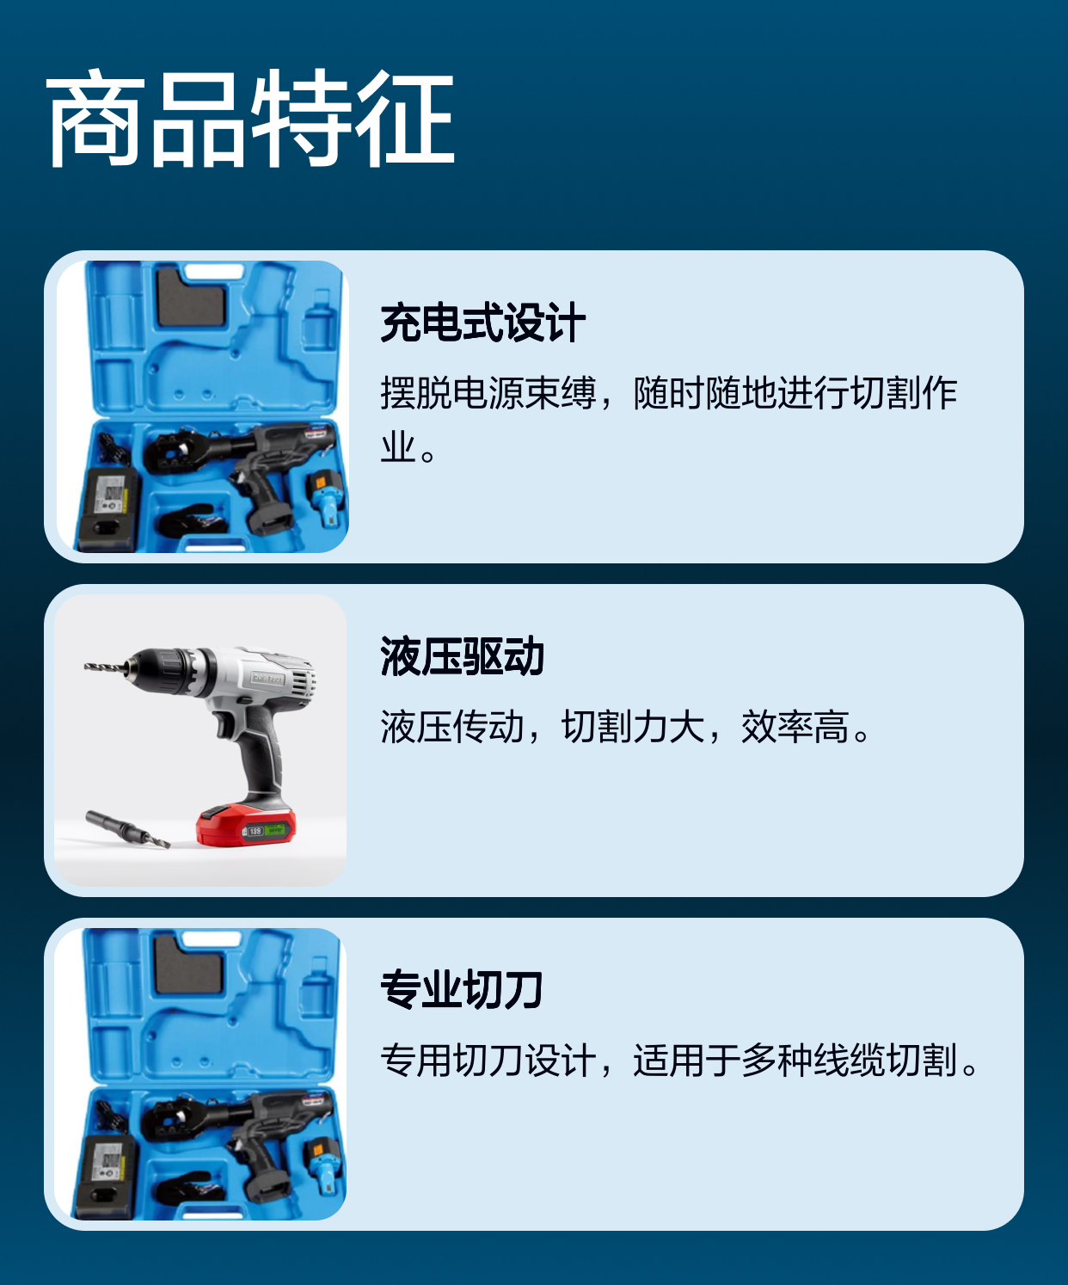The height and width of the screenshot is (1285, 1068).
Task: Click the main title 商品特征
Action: click(x=250, y=118)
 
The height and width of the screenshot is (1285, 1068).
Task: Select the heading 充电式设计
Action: click(x=482, y=322)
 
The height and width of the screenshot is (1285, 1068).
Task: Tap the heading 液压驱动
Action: click(x=462, y=656)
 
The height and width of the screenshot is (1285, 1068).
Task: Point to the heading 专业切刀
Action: click(x=462, y=990)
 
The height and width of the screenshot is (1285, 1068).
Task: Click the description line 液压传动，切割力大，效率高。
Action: click(x=625, y=727)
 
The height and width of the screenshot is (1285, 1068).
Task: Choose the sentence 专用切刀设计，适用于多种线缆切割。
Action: click(x=679, y=1061)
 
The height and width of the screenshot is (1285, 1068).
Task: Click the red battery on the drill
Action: click(x=246, y=826)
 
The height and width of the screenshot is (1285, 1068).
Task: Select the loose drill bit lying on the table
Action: click(x=127, y=830)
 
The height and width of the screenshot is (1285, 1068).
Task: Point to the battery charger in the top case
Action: click(x=107, y=509)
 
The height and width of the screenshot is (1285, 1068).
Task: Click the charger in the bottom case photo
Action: click(x=106, y=1177)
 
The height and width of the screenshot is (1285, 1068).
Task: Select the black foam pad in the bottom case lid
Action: click(x=188, y=963)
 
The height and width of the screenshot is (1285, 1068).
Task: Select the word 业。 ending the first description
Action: click(x=408, y=447)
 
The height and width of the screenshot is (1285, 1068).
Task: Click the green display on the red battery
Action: click(x=274, y=830)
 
